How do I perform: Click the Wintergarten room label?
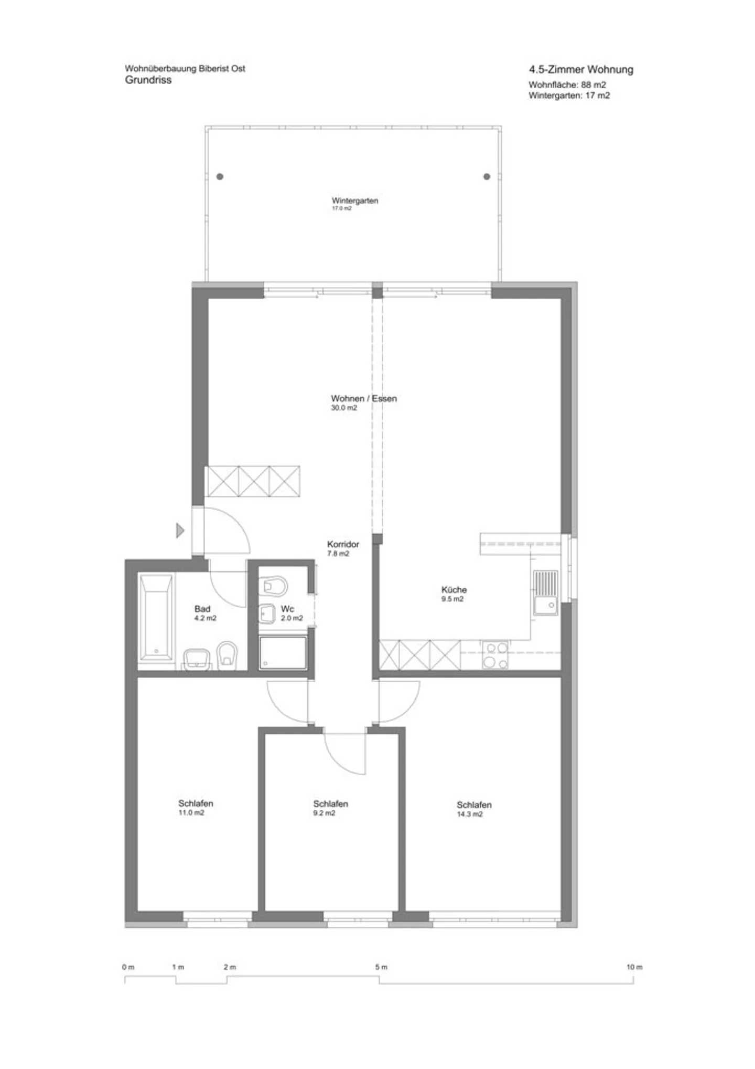(355, 200)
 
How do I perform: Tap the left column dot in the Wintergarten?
(220, 176)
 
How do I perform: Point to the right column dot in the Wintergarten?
(487, 176)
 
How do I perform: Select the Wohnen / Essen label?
(364, 398)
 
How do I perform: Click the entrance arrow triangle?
(180, 531)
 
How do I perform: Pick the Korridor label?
(343, 544)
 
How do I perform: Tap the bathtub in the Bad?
(156, 617)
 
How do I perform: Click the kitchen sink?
(546, 592)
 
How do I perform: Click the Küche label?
(454, 589)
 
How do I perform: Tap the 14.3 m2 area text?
(470, 814)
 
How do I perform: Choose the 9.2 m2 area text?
(324, 813)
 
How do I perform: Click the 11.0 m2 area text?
(191, 812)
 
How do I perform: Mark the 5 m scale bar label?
(381, 967)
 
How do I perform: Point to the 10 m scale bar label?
(634, 967)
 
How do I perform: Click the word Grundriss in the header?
(148, 80)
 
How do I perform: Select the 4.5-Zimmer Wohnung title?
(581, 69)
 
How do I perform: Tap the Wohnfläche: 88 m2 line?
(567, 84)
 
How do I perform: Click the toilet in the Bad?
(227, 655)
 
